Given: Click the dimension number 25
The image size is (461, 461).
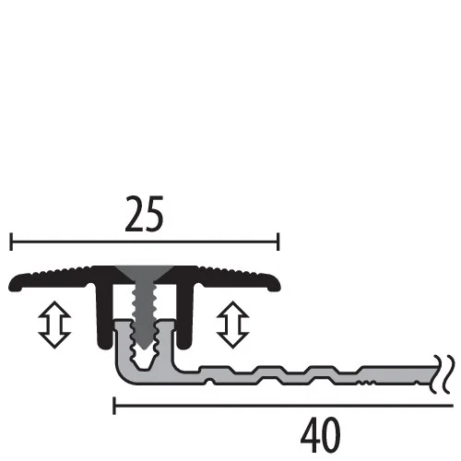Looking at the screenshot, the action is coord(144,214).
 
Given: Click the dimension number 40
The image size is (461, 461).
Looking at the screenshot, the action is coord(321,435).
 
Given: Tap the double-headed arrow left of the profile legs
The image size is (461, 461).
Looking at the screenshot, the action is coord(54,325).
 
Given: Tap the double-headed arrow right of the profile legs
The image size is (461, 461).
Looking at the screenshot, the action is coord(232,325).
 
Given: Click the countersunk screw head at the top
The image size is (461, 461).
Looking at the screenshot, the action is coord(144,274).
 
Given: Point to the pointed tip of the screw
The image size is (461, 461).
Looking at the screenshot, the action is coord(144,348).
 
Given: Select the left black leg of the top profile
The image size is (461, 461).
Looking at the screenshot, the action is coord(104,316).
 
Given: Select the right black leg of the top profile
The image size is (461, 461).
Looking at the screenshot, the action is coord(184,316).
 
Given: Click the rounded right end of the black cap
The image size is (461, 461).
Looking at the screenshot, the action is coord(275,285).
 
